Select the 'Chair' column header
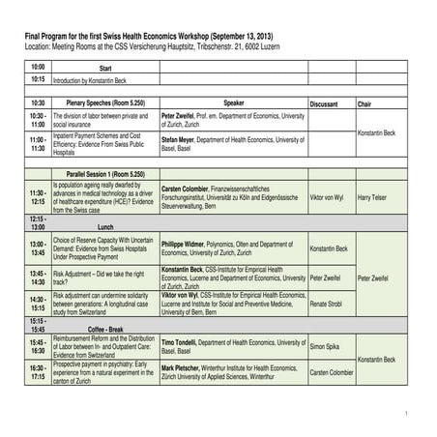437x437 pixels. pyautogui.click(x=364, y=102)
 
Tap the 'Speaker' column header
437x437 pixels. pyautogui.click(x=233, y=102)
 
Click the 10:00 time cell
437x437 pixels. pyautogui.click(x=38, y=67)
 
